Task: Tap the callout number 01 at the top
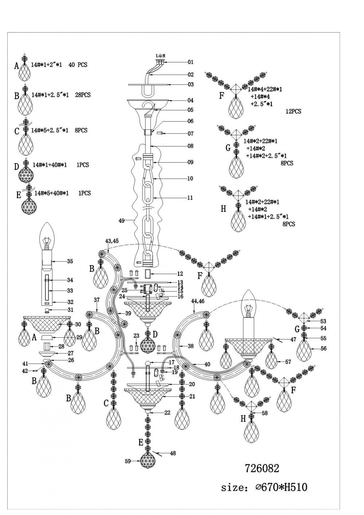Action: click(x=191, y=62)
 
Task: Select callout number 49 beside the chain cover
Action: click(x=122, y=220)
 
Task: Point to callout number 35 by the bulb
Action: click(x=70, y=261)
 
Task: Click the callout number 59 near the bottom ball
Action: click(x=128, y=461)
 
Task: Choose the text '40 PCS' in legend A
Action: click(x=78, y=65)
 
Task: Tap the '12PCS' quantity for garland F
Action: click(x=293, y=111)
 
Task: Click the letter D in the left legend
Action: click(x=16, y=167)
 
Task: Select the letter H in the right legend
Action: click(x=223, y=209)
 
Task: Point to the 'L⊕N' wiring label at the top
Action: click(x=161, y=56)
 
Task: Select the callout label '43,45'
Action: click(x=112, y=241)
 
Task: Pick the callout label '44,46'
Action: click(x=198, y=302)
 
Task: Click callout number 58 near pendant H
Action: click(x=265, y=413)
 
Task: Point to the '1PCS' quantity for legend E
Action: click(x=85, y=193)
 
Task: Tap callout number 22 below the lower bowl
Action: click(x=167, y=413)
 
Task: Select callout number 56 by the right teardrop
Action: click(x=324, y=348)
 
